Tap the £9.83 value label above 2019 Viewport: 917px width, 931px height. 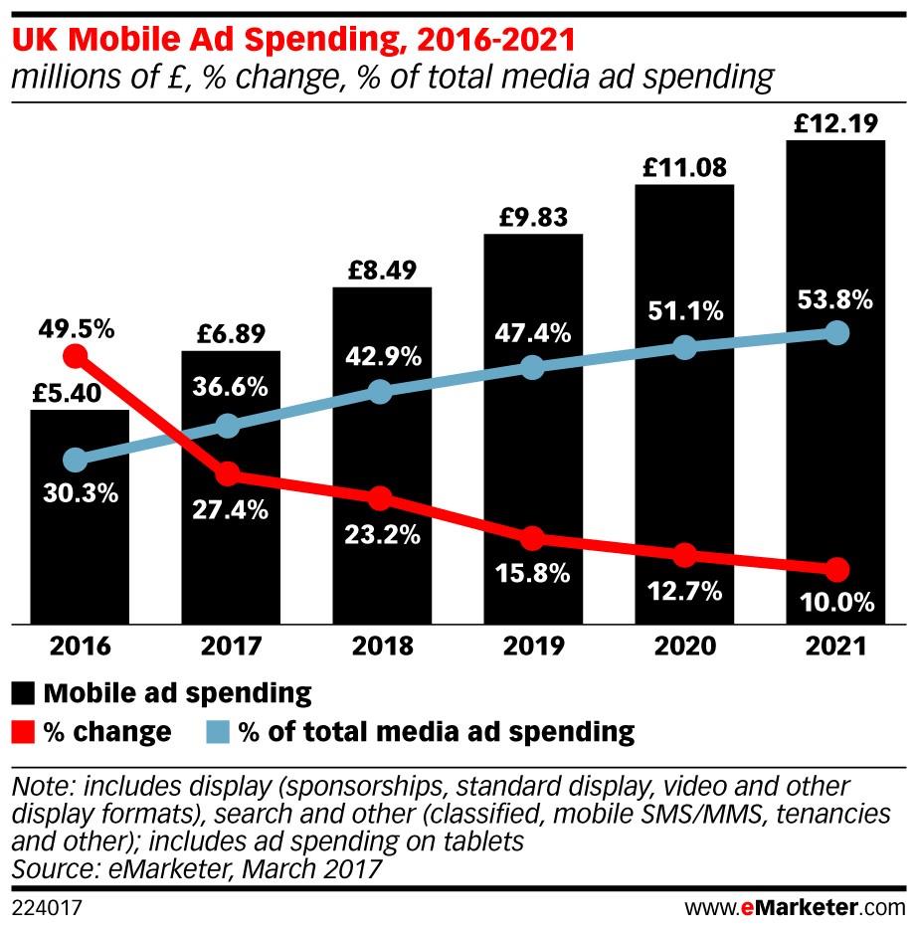pos(533,217)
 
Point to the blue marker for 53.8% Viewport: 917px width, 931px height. pos(837,332)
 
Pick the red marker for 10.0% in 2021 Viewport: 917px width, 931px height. pos(837,570)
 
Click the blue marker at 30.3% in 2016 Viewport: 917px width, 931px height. pos(75,460)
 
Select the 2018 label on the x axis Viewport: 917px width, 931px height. pos(382,647)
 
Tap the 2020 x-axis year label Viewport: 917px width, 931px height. pos(685,647)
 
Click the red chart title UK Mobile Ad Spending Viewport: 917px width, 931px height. pos(292,43)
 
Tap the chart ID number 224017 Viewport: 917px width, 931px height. pos(46,908)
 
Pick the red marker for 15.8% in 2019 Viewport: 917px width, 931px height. pos(533,538)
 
